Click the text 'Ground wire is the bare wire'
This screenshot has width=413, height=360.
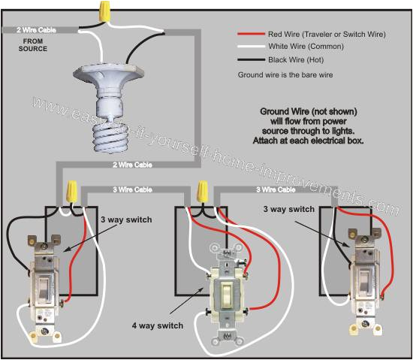(x=286, y=75)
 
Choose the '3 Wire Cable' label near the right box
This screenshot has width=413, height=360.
(x=276, y=189)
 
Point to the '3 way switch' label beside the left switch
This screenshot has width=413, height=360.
(x=125, y=219)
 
